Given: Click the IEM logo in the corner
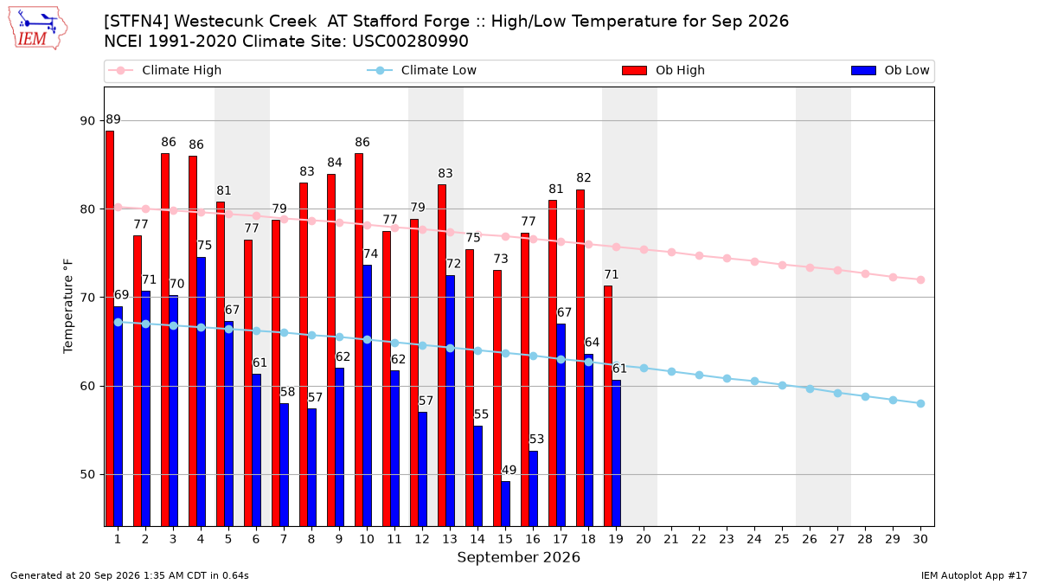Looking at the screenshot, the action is coord(38,29).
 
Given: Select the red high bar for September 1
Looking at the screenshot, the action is coord(110,329).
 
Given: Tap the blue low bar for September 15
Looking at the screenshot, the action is coord(505,504).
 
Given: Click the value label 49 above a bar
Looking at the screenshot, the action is coord(509,470).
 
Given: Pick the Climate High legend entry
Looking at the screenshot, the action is coord(164,70).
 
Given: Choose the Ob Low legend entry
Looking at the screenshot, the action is coord(890,70).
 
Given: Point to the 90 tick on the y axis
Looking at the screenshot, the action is coord(87,121).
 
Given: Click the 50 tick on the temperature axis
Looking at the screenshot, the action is coord(87,475).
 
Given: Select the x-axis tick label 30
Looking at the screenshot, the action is coord(920,539).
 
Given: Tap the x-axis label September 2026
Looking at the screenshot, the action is coord(518,557).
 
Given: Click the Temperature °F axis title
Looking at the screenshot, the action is coord(68,306).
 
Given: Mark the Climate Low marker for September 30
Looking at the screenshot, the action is coord(920,404).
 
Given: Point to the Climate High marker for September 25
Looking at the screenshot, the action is coord(782,265).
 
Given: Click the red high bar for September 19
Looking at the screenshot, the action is coord(608,406).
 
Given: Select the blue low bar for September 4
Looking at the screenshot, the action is coord(201,392).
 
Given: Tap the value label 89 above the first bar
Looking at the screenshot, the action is coord(113,119).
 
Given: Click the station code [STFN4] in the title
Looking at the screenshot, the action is coord(137,22).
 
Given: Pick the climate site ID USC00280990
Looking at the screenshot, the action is coord(410,42).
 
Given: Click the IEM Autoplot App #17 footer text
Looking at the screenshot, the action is coord(974,575).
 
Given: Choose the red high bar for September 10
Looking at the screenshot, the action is coord(359,340).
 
